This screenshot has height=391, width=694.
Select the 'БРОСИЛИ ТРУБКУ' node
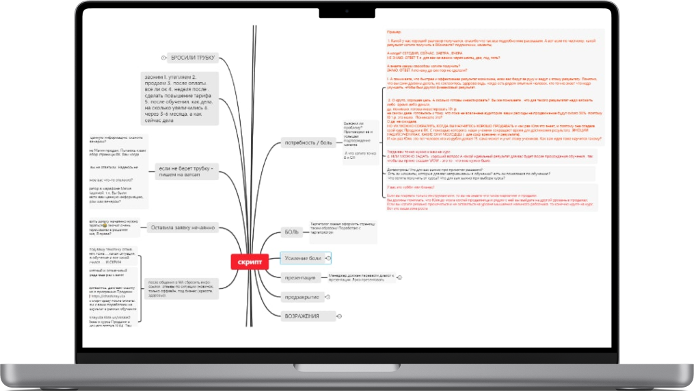click(x=193, y=58)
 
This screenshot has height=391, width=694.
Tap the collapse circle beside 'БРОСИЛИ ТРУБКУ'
click(x=164, y=58)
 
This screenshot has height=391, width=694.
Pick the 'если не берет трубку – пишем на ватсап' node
click(x=185, y=173)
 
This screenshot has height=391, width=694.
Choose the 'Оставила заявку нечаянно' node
click(x=183, y=227)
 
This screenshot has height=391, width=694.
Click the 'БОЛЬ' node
click(x=292, y=232)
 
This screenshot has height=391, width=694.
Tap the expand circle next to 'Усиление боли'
click(x=329, y=258)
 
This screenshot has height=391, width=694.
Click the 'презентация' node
click(x=300, y=277)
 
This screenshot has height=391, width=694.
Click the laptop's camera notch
click(x=347, y=12)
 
